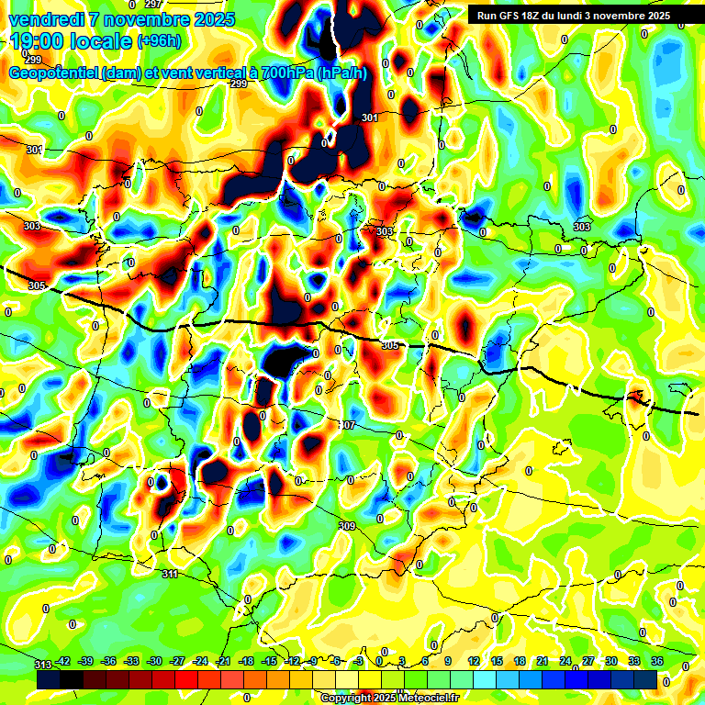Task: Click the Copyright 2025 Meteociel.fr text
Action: click(389, 698)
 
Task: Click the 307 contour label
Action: click(346, 425)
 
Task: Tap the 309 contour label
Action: click(346, 526)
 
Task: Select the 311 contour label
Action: click(169, 574)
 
